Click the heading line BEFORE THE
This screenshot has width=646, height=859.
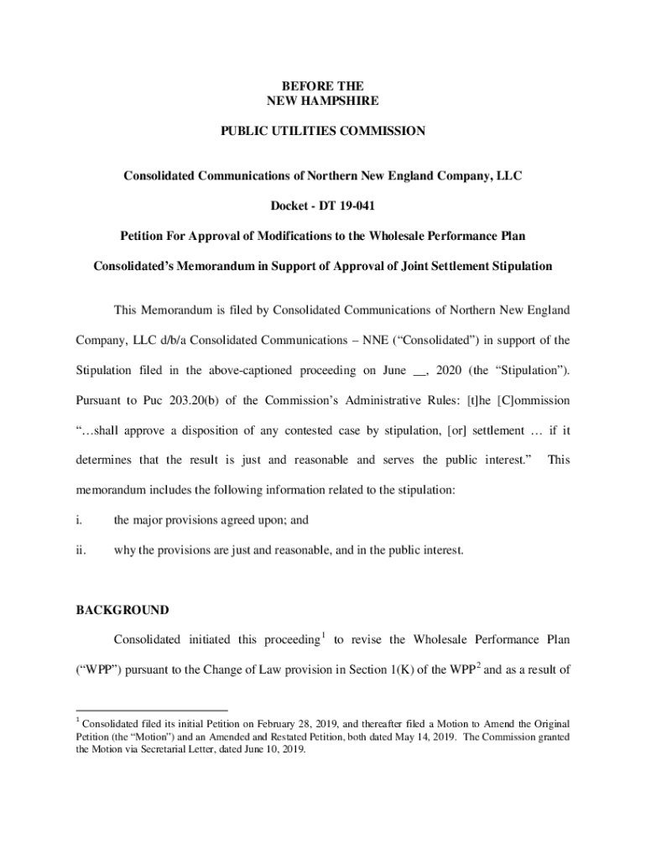point(323,86)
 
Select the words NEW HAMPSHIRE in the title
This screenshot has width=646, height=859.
point(323,101)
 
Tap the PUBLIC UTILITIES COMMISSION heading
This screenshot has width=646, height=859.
point(323,131)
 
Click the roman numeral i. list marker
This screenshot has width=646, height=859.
point(78,520)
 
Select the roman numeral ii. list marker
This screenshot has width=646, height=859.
point(80,550)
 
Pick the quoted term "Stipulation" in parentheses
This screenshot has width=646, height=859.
point(525,370)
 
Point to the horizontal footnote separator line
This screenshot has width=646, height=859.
point(152,710)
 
